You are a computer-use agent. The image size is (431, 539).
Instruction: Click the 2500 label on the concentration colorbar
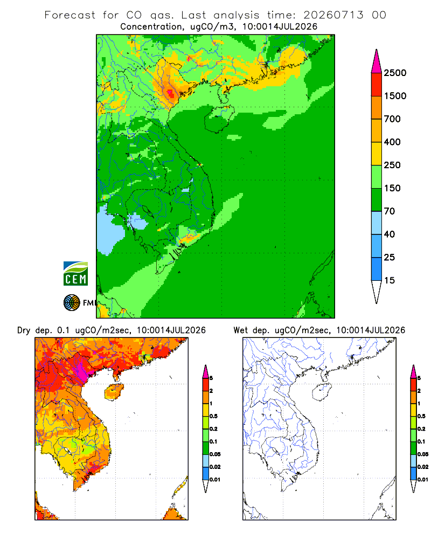click(395, 73)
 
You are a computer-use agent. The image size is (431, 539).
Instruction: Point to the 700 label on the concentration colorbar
click(392, 119)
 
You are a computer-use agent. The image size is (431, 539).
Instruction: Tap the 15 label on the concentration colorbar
click(389, 280)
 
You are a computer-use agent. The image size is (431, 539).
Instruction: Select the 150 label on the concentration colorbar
click(392, 188)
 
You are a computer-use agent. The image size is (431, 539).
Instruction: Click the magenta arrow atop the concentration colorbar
click(377, 62)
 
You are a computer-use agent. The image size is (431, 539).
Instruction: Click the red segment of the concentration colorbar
click(377, 85)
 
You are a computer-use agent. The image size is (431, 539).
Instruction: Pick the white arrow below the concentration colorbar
click(377, 291)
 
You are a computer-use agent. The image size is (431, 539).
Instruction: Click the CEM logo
click(75, 274)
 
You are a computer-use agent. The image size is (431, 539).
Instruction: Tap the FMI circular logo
click(72, 303)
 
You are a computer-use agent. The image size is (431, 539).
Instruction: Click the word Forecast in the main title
click(70, 15)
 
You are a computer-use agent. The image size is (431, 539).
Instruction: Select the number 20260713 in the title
click(333, 15)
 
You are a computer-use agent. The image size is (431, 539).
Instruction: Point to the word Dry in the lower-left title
click(24, 330)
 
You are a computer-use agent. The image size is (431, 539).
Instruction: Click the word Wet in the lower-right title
click(240, 330)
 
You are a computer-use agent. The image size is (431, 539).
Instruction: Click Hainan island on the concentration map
click(219, 119)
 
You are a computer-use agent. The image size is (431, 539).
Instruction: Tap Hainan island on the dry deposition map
click(114, 392)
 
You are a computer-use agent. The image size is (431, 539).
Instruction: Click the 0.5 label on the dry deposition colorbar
click(213, 416)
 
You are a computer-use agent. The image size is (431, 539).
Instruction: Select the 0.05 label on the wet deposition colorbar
click(423, 454)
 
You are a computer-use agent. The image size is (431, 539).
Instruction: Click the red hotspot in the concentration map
click(170, 93)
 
